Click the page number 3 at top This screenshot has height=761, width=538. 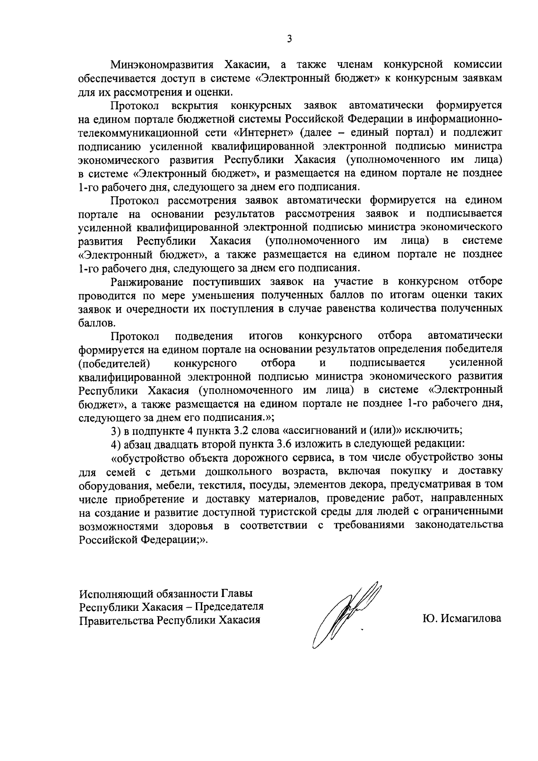(x=290, y=39)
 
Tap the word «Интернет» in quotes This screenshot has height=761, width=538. (x=264, y=133)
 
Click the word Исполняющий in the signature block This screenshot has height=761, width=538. (x=116, y=593)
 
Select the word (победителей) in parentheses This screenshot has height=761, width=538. (x=113, y=362)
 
